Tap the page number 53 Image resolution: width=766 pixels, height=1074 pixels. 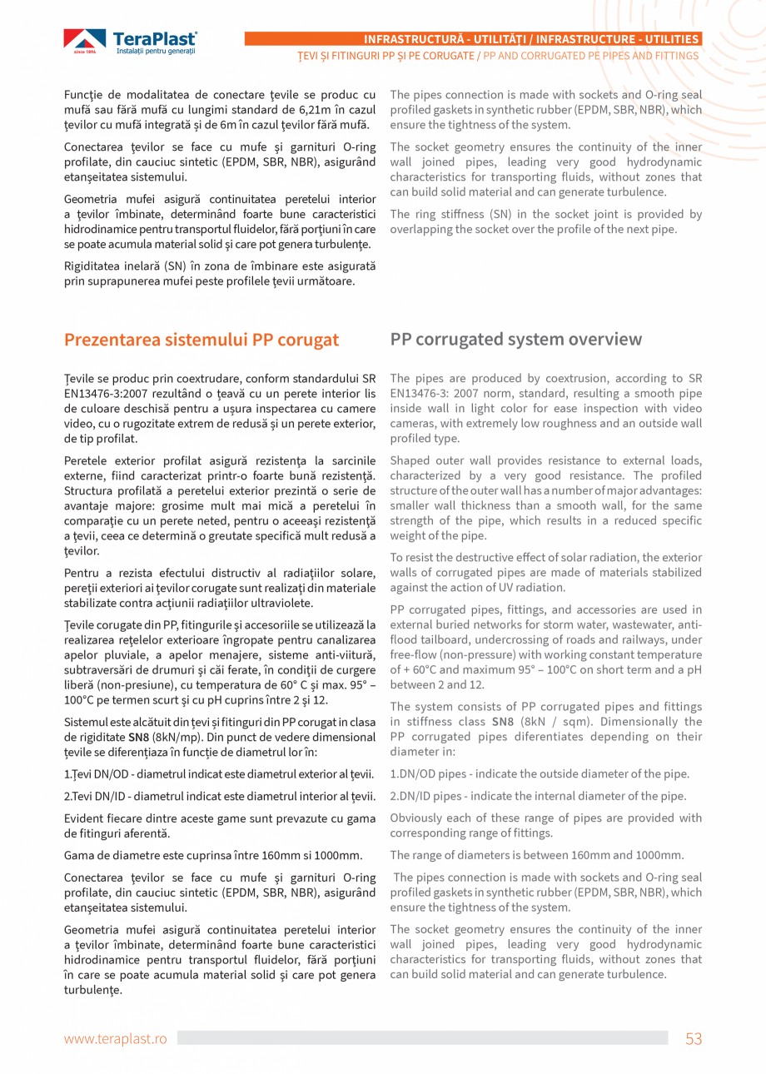coord(694,1038)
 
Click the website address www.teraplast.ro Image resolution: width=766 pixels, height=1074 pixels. coord(116,1039)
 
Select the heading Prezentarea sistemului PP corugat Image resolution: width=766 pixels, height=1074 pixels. coord(201,340)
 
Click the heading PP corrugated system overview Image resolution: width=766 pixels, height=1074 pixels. coord(515,340)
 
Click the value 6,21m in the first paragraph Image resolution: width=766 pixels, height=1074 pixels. coord(315,110)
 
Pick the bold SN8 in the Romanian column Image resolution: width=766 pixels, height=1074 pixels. coord(138,737)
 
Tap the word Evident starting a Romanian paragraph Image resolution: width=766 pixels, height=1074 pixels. coord(87,818)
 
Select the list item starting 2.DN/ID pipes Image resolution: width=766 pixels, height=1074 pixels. coord(538,796)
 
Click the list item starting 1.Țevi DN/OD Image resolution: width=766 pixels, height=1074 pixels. coord(218,774)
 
